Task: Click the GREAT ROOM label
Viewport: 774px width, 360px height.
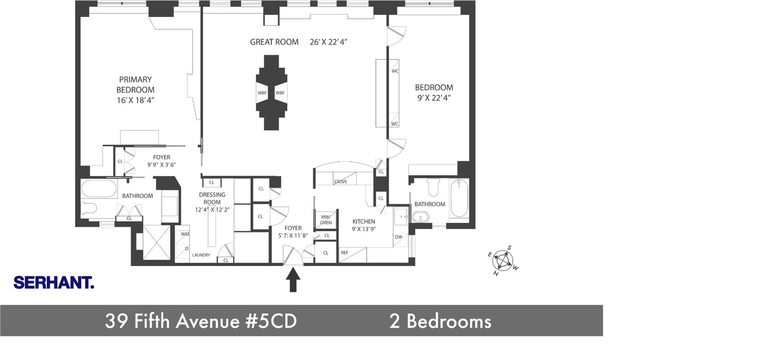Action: coord(274,42)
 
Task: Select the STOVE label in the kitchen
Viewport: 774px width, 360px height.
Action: coord(341,182)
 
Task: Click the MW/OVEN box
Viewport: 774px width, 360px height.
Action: coord(326,219)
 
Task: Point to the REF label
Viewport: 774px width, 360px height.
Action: coord(344,253)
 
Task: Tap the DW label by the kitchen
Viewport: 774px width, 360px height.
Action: coord(398,237)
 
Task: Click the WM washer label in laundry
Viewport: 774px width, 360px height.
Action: coord(184,234)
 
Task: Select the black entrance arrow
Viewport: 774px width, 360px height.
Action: coord(293,281)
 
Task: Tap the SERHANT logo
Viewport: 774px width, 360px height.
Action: coord(54,283)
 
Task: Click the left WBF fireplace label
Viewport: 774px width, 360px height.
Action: coord(262,93)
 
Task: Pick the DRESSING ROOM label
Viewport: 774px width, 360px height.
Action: coord(212,199)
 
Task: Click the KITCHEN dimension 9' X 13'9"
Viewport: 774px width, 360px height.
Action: coord(364,229)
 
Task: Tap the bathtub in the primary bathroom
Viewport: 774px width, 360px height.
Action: coord(99,189)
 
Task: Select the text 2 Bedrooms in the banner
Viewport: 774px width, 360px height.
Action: coord(440,321)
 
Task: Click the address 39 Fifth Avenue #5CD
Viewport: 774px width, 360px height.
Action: coord(201,321)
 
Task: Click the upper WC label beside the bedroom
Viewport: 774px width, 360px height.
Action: coord(395,71)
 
